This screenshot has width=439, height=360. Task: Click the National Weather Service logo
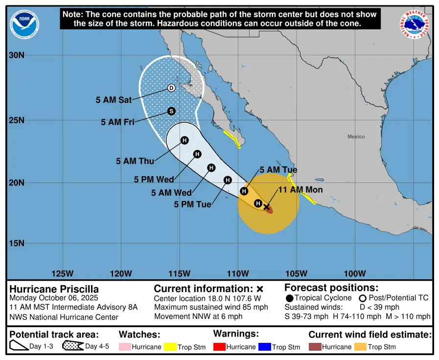point(415,24)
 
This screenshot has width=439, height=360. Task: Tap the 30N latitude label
point(17,56)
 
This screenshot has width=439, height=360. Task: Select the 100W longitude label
point(355,273)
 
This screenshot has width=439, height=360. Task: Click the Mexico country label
point(356,136)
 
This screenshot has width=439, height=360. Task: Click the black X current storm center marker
point(267,207)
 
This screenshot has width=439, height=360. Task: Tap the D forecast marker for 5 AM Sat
point(171,88)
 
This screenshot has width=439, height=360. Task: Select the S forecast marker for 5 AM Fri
point(171,111)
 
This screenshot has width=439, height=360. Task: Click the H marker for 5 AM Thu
point(185,140)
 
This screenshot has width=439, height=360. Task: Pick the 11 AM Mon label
point(300,190)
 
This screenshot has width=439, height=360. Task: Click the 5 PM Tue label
point(192,204)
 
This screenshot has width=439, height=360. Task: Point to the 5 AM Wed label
point(171,193)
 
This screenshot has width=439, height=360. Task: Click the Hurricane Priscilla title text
point(54,289)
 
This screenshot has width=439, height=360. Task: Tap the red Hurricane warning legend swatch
point(219,347)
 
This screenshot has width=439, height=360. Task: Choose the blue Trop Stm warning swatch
point(265,347)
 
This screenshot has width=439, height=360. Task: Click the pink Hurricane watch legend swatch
point(125,347)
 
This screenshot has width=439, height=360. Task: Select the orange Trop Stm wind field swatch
point(360,347)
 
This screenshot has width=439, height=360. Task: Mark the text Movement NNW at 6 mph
point(198,316)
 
